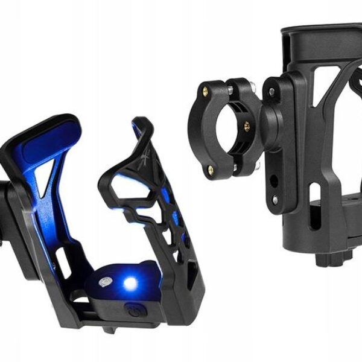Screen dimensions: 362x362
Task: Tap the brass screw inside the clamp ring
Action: pos(247,126)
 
